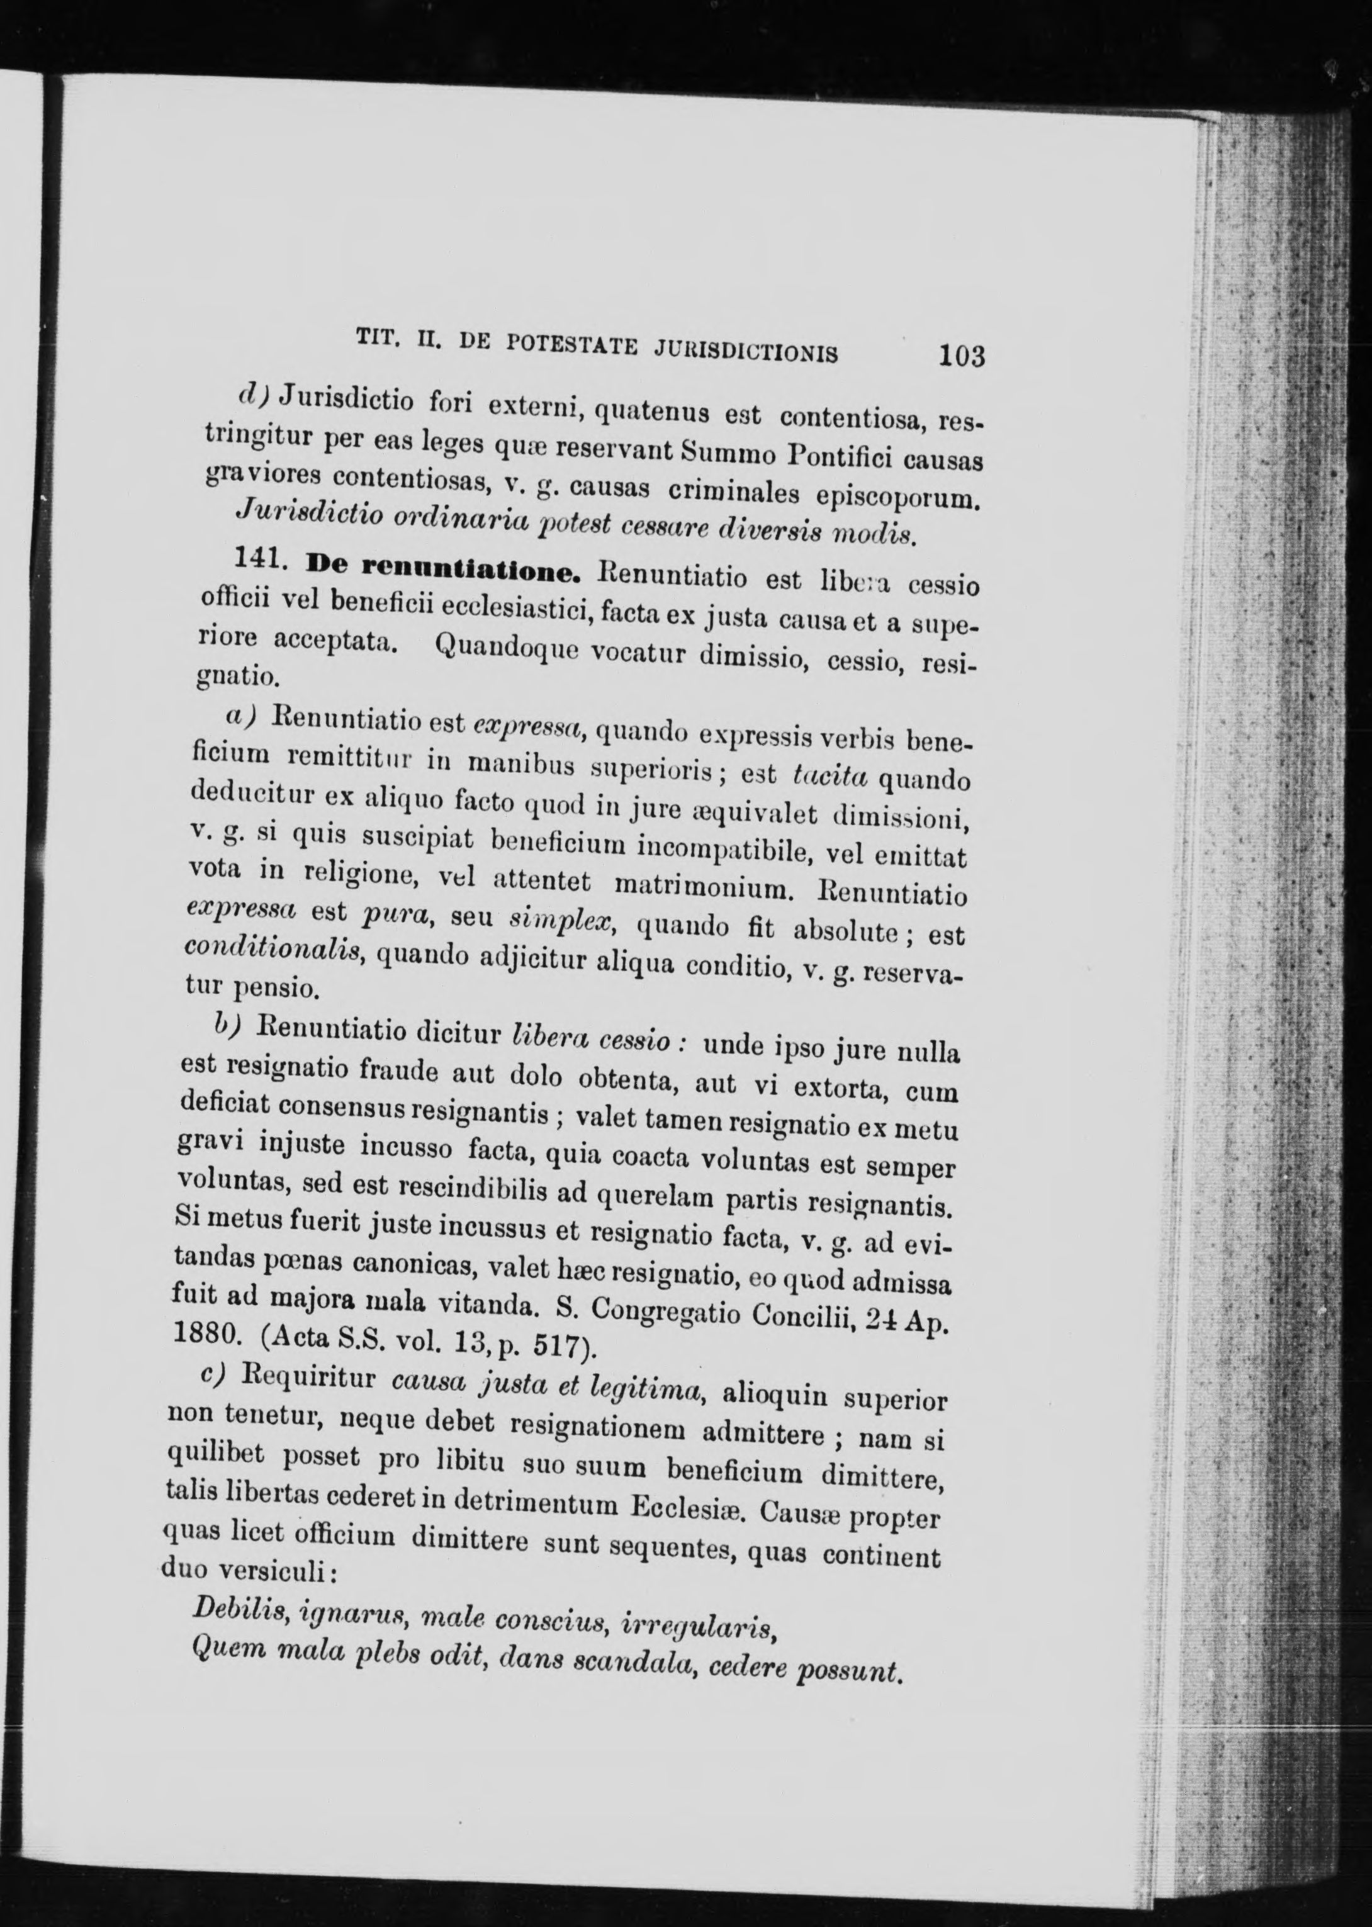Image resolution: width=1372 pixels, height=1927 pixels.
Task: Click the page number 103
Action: tap(960, 356)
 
